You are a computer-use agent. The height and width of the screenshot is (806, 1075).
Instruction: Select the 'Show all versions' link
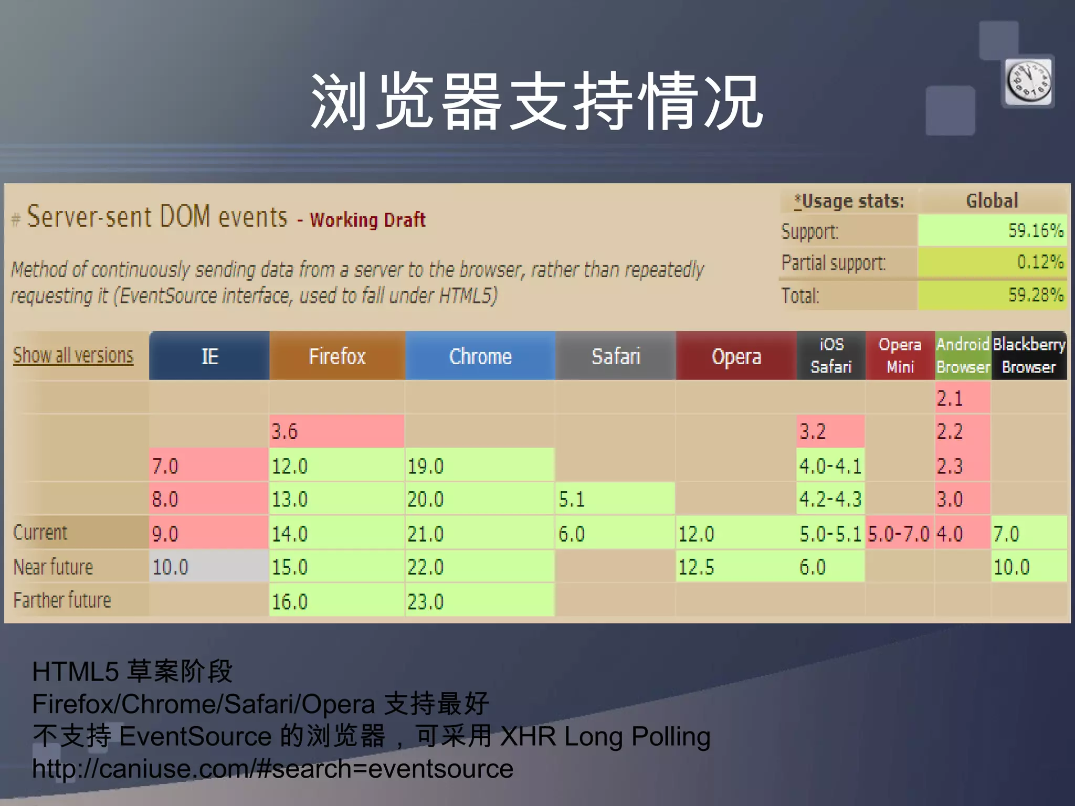73,355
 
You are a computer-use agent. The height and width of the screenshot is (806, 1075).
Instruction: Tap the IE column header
209,356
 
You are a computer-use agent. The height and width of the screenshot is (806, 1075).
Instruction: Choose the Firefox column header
337,356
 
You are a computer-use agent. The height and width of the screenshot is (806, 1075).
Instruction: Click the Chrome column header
480,356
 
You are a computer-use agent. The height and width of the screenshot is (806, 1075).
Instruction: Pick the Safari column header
616,356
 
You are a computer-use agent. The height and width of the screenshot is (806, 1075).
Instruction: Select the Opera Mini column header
900,356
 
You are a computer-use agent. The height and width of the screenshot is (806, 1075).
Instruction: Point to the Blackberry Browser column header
1029,356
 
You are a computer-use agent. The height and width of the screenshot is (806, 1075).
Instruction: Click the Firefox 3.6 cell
336,431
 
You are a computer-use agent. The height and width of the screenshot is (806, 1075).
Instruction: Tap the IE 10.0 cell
209,567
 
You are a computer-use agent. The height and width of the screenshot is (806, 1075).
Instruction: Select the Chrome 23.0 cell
480,601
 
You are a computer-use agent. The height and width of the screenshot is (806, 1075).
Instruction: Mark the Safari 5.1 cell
615,499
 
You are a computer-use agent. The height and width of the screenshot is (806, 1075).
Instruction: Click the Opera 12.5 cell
736,567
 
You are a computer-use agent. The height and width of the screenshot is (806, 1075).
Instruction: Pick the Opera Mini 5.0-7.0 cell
899,534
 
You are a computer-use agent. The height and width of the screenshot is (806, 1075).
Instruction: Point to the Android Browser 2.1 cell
962,398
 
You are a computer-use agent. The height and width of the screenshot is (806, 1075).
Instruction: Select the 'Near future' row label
53,567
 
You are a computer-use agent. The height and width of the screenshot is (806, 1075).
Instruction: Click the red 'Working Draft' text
367,220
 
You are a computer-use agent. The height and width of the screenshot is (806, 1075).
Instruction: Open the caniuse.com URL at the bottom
272,769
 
